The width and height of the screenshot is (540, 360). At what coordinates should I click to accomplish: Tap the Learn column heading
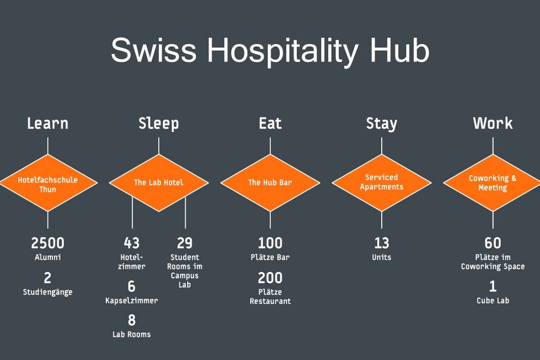pyautogui.click(x=47, y=123)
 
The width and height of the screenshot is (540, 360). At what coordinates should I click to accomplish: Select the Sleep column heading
pyautogui.click(x=159, y=124)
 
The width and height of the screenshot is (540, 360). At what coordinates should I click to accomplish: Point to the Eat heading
pyautogui.click(x=271, y=123)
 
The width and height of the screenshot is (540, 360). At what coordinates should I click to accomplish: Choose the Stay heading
pyautogui.click(x=382, y=124)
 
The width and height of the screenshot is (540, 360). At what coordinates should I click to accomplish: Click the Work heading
pyautogui.click(x=493, y=123)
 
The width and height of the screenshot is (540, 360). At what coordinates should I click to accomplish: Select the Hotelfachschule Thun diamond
pyautogui.click(x=48, y=183)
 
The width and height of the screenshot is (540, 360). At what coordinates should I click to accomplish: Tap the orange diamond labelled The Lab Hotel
pyautogui.click(x=159, y=183)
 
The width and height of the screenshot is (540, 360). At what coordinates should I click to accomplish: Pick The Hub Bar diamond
pyautogui.click(x=271, y=183)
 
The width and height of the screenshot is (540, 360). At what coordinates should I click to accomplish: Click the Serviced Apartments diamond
pyautogui.click(x=382, y=183)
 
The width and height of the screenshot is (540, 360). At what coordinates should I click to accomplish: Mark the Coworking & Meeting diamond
pyautogui.click(x=493, y=183)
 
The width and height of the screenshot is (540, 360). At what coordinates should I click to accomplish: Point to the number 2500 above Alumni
pyautogui.click(x=47, y=243)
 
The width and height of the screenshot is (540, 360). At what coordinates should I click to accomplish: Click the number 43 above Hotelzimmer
pyautogui.click(x=131, y=243)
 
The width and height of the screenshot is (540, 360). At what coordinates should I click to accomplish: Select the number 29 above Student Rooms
pyautogui.click(x=184, y=243)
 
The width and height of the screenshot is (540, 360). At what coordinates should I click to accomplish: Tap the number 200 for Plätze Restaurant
pyautogui.click(x=271, y=278)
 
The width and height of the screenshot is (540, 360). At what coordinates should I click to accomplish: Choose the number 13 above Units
pyautogui.click(x=382, y=243)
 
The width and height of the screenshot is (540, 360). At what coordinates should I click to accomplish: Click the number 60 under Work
pyautogui.click(x=493, y=243)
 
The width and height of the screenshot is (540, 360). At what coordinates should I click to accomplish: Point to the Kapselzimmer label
pyautogui.click(x=131, y=301)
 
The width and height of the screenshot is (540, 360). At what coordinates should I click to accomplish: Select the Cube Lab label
pyautogui.click(x=493, y=301)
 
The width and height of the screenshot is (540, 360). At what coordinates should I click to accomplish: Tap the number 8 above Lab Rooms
pyautogui.click(x=131, y=320)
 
